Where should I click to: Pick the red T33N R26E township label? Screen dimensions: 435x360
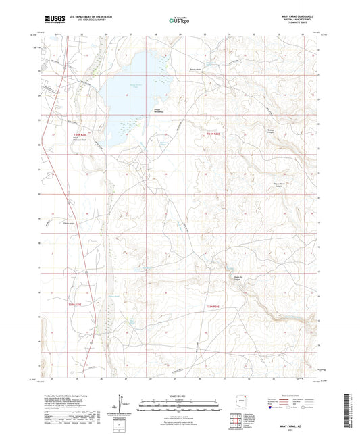[213, 305]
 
